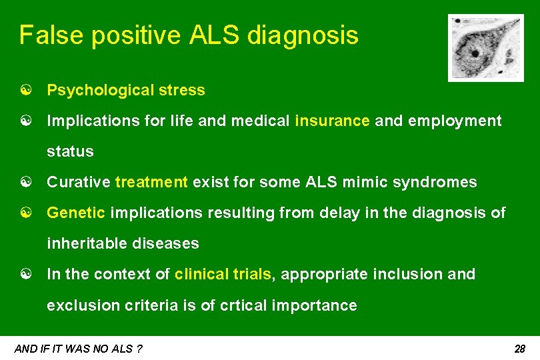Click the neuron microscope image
476,48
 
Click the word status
70,151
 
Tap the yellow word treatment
151,182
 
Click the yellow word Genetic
76,213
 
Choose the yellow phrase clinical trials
223,274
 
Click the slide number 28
520,349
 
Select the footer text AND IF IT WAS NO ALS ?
78,349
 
